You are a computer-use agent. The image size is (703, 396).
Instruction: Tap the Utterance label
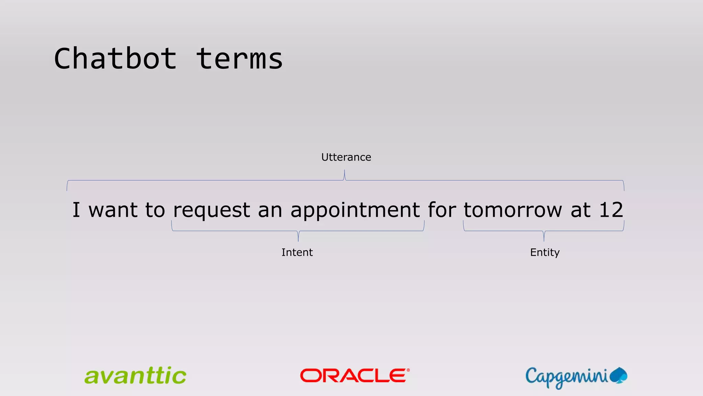coord(346,157)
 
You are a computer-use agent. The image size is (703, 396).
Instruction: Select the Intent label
coord(297,252)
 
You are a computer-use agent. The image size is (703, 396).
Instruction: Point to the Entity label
coord(545,252)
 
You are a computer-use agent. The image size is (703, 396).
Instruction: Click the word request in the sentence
coord(211,210)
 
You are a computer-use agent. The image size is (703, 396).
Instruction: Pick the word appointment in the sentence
coord(355,210)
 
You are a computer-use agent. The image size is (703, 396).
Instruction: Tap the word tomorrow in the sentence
coord(513,210)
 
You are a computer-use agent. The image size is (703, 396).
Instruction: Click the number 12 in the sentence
coord(611,210)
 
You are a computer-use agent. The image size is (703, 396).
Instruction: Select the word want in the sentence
coord(113,210)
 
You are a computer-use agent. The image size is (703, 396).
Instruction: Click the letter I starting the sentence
coord(76,210)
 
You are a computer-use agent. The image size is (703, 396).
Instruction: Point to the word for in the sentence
coord(442,210)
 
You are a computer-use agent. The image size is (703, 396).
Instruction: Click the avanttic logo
coord(135,376)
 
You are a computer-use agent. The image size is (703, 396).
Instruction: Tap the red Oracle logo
coord(355,375)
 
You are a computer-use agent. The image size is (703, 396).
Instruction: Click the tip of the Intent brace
coord(298,240)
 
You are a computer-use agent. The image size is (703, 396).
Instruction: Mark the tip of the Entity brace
coord(544,240)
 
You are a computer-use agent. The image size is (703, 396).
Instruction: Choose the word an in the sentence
coord(270,210)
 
